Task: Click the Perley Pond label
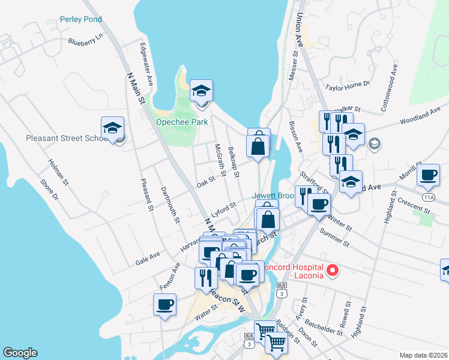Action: [81, 19]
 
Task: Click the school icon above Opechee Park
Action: [201, 92]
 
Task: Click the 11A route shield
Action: [428, 197]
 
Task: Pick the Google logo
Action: [20, 353]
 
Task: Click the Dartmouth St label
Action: [170, 205]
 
